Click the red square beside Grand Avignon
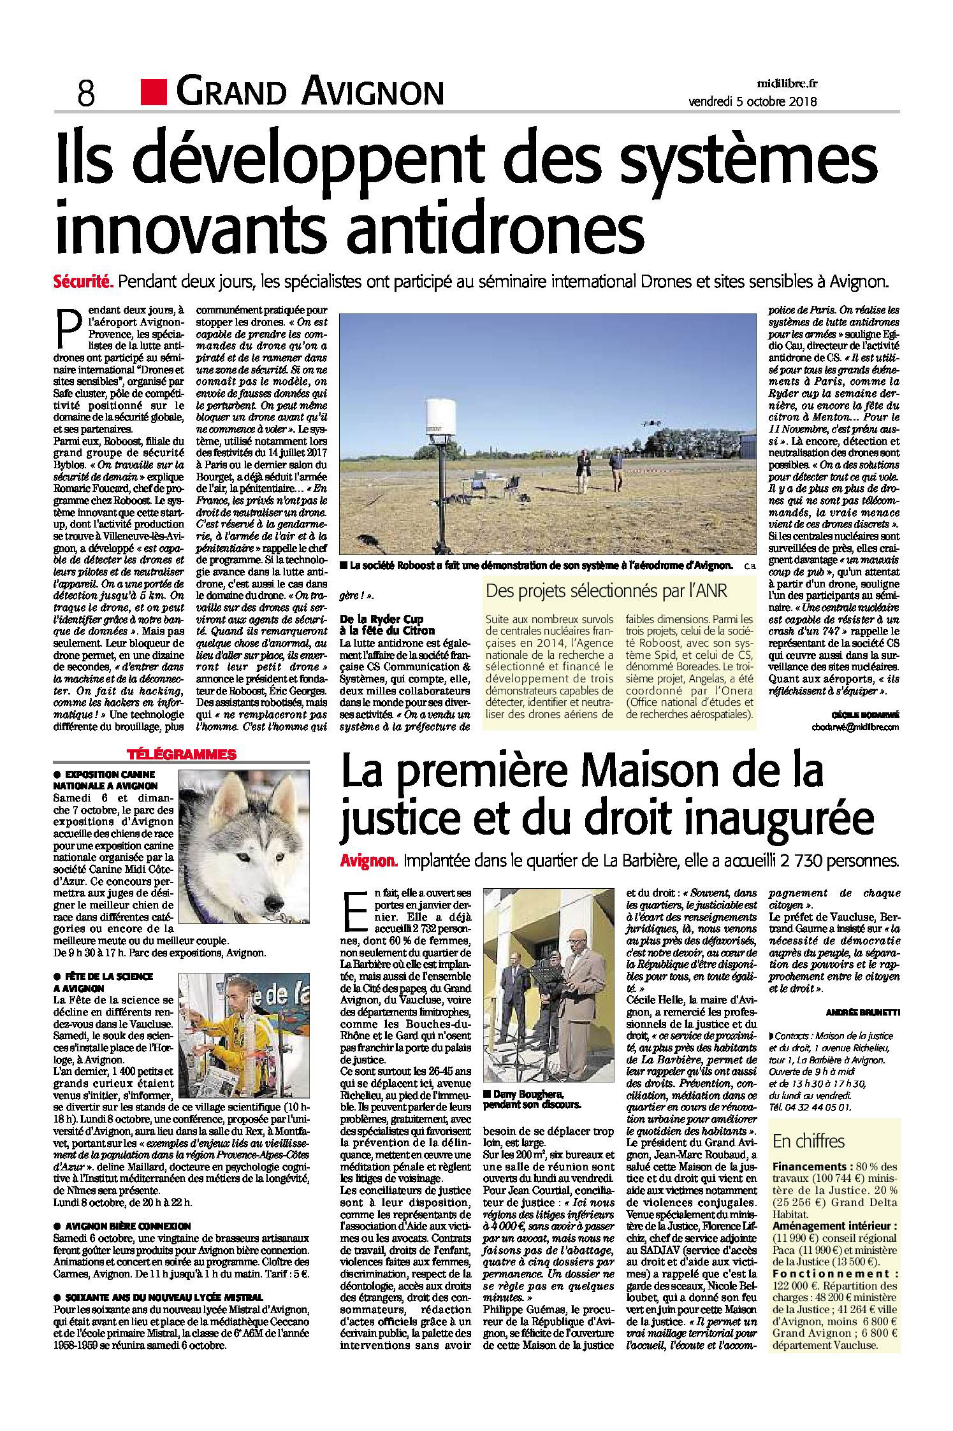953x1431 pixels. [x=154, y=92]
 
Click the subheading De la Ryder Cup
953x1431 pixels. [x=382, y=619]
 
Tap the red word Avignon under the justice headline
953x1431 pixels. [x=369, y=862]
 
